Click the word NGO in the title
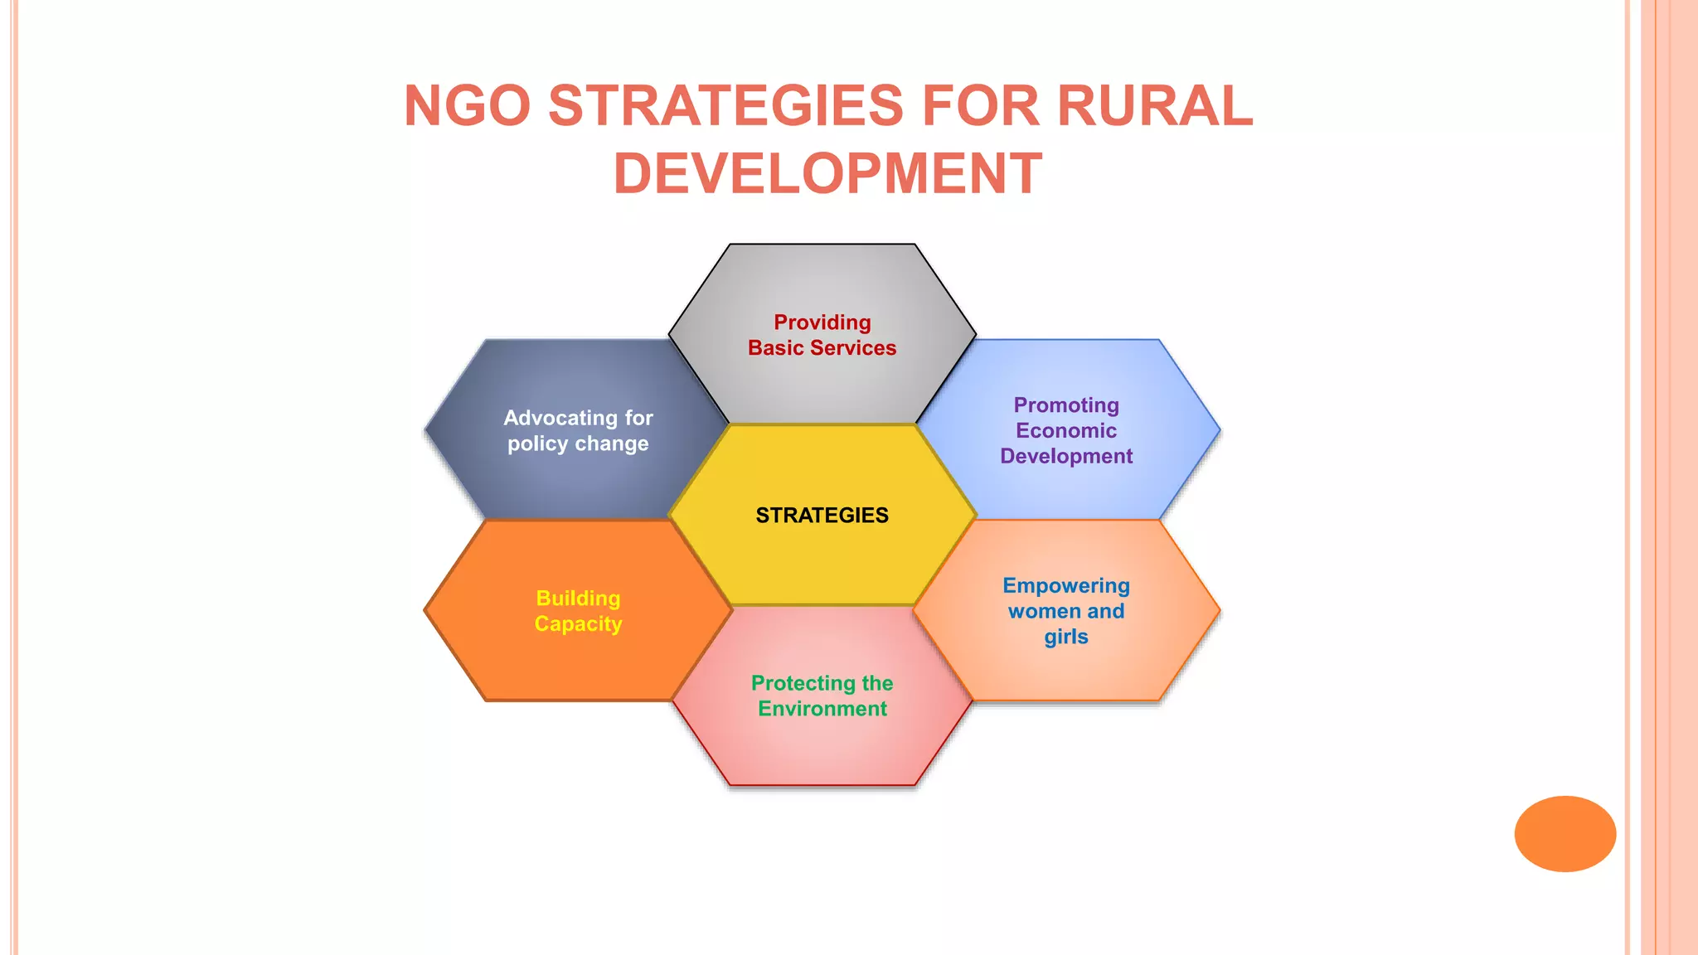467,106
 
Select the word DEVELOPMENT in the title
827,174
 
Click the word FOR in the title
980,106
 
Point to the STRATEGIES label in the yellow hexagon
822,516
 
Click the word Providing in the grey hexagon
822,322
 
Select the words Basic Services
822,348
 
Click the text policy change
578,444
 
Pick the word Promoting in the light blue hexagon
1066,405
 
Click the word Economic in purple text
1066,431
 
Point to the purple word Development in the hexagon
1066,457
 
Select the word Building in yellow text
578,599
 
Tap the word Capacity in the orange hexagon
578,624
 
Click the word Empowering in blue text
1066,586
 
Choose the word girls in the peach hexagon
1066,637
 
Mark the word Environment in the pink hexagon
822,710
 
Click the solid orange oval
1565,834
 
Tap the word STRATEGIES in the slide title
725,106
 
